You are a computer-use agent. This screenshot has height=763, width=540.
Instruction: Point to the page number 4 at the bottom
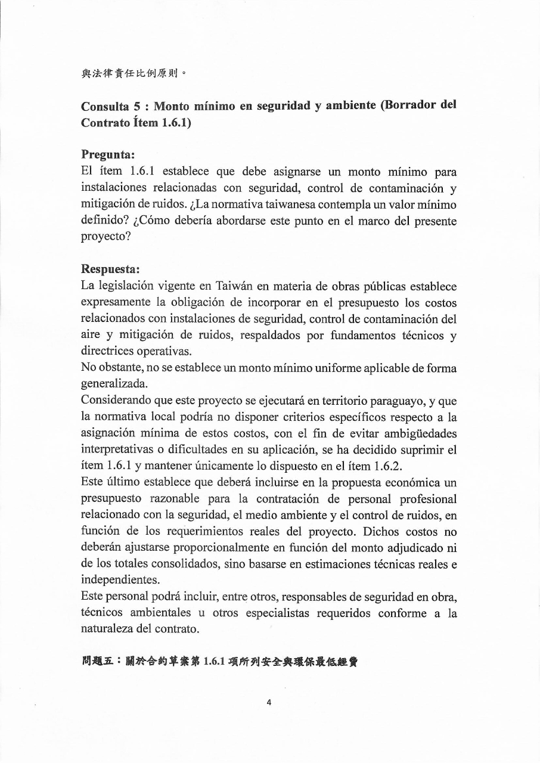click(269, 702)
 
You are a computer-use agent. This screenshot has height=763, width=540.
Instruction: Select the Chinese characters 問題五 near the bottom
click(95, 662)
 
